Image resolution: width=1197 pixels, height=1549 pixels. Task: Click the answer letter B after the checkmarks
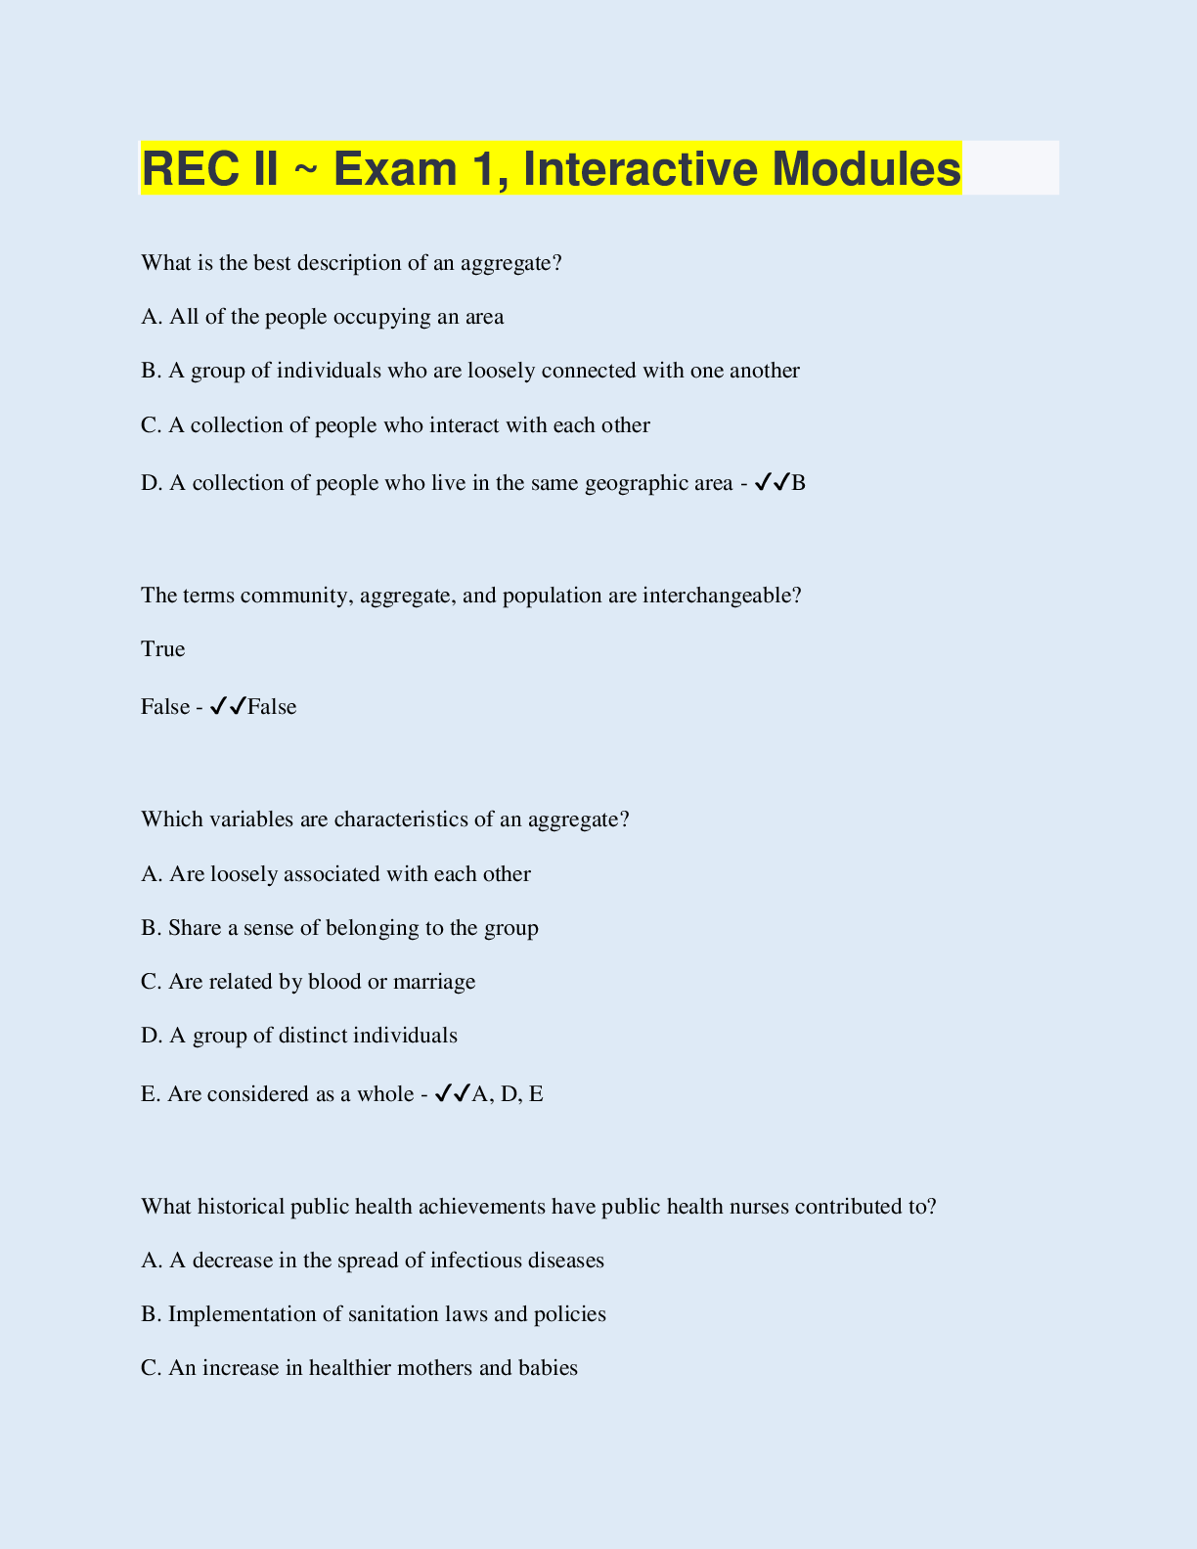[x=799, y=483]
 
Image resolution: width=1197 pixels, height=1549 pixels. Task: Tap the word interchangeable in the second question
[x=722, y=596]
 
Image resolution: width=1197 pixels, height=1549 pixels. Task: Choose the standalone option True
[x=163, y=649]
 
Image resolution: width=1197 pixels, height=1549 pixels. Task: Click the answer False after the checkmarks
[x=272, y=707]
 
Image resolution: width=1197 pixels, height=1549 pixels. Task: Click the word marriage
[x=434, y=982]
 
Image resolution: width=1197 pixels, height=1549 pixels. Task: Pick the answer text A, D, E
[x=508, y=1094]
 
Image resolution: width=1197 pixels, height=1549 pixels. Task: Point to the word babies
[x=552, y=1368]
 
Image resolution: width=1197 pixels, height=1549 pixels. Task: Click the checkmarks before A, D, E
[x=452, y=1093]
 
